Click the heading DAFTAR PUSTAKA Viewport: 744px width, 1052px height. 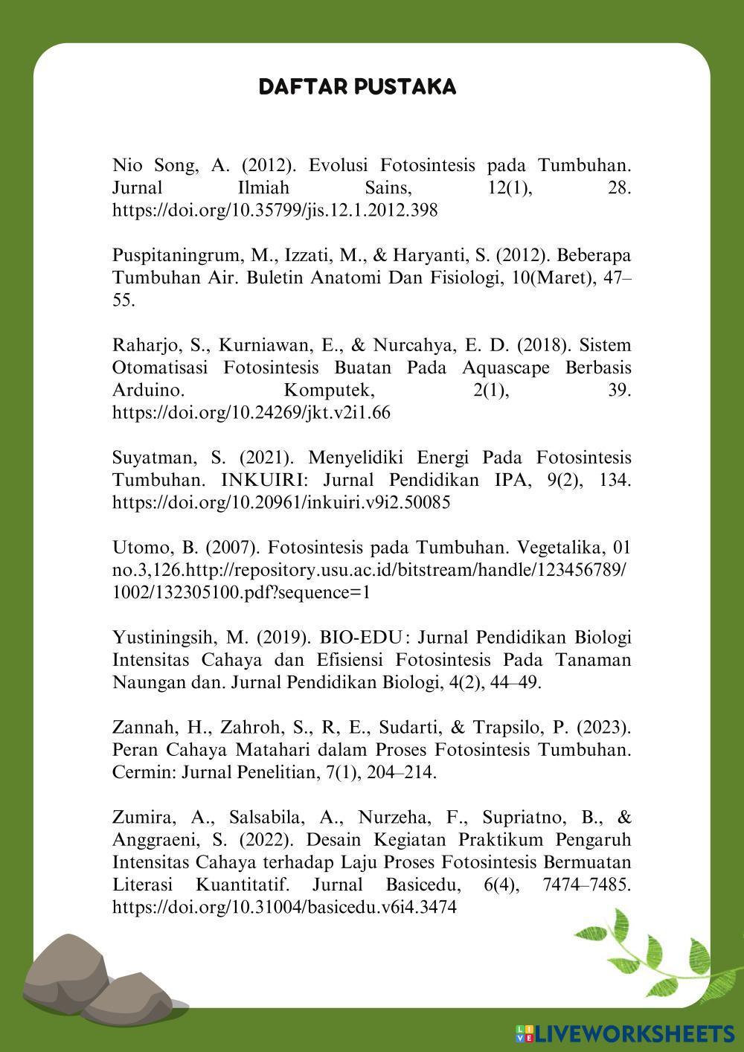357,87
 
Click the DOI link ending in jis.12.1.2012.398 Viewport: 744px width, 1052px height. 275,211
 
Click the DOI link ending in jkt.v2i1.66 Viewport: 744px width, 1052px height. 251,412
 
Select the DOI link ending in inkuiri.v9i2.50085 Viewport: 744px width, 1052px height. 280,502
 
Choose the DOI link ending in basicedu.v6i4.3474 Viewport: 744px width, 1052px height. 283,907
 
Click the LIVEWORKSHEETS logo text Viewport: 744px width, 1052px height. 632,1033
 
